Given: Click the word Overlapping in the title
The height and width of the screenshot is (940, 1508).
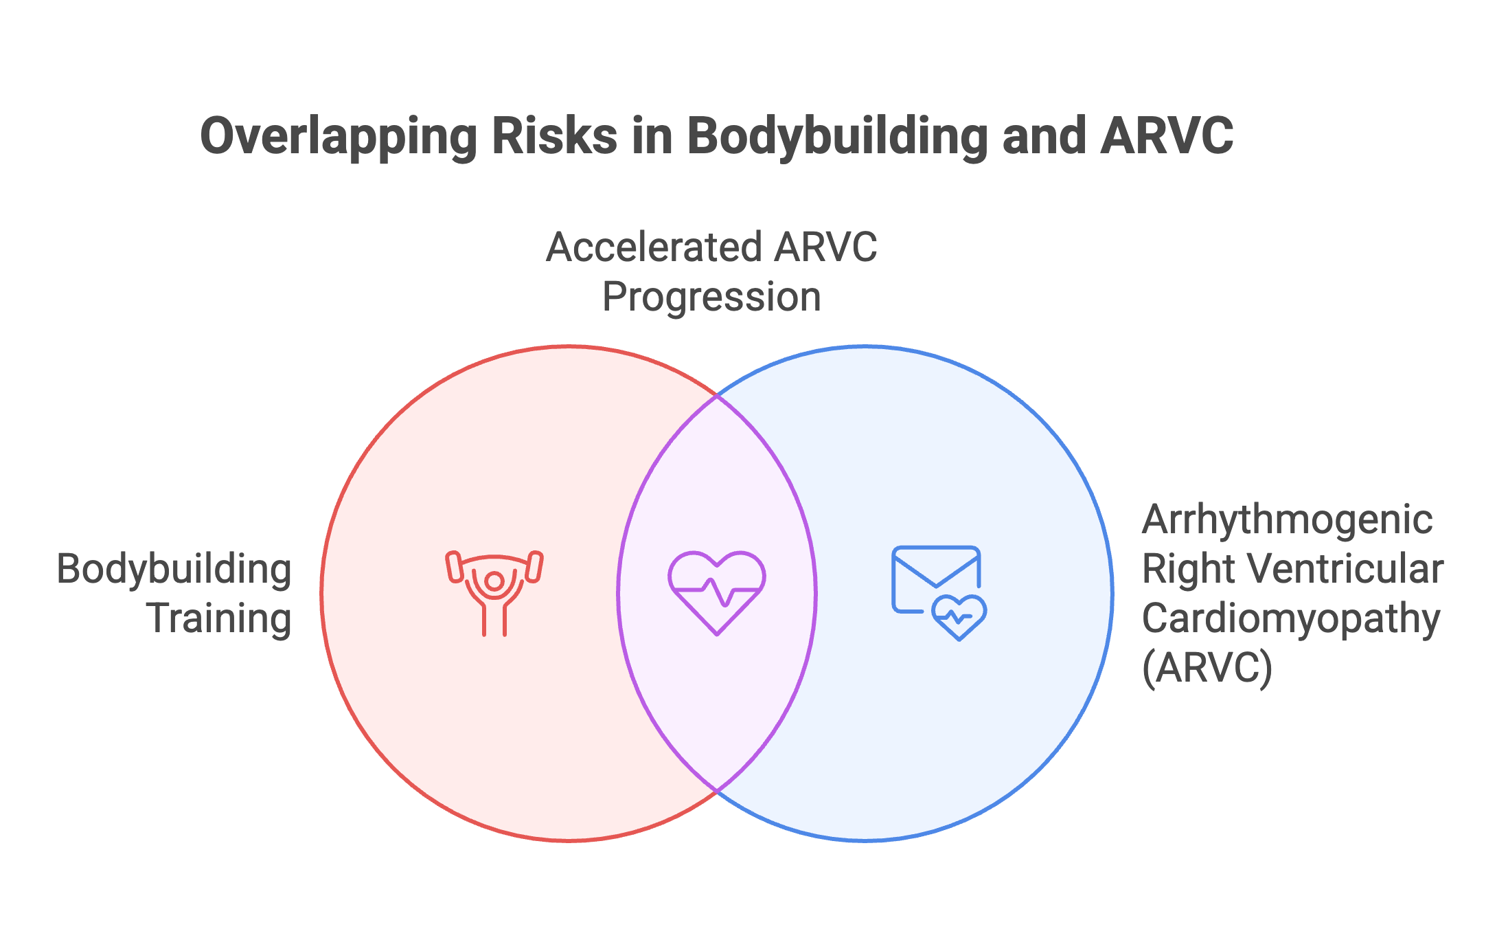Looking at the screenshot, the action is point(339,137).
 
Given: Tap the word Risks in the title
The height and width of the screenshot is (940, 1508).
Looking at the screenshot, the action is point(554,135).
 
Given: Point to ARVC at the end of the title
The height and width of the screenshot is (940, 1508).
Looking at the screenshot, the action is point(1167,135).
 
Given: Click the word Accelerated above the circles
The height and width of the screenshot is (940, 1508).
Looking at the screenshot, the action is point(654,247).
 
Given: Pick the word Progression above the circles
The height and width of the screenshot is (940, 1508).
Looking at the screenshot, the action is point(711,297).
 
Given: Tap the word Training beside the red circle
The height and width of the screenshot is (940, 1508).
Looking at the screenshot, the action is point(219,618).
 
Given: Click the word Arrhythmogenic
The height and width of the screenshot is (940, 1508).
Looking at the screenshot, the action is point(1287,519).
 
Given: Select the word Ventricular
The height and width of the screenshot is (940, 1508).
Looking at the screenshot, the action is point(1345,569).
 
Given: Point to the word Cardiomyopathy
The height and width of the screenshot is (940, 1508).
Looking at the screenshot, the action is point(1291,618).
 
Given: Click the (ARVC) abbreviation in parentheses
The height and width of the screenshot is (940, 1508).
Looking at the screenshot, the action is point(1207,667).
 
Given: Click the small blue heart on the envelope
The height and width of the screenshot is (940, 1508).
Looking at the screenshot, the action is point(959,616).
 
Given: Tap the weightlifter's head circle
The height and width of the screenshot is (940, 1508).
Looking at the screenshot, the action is point(494,581).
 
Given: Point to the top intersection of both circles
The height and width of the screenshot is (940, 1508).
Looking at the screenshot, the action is point(717,396).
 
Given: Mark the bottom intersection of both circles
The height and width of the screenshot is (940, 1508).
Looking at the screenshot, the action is point(717,791).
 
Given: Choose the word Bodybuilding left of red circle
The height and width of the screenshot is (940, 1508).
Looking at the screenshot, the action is point(174,569).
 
